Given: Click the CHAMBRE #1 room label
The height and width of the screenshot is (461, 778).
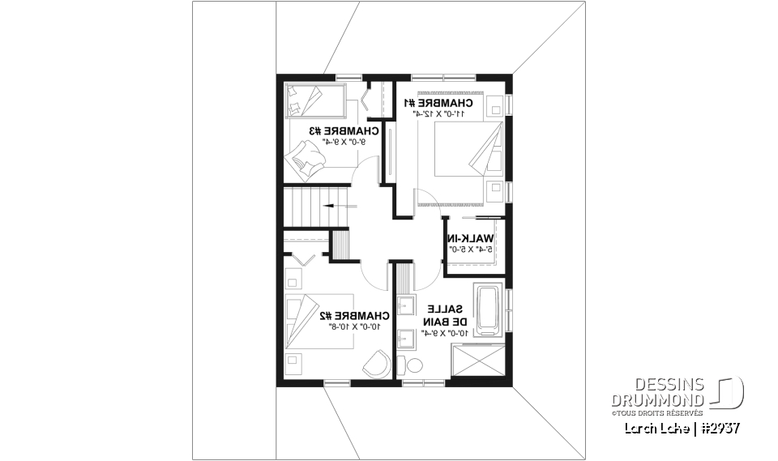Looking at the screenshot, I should [438, 103].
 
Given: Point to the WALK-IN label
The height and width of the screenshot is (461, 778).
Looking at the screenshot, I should [470, 238].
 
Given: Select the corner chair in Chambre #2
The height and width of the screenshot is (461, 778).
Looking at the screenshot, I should [377, 365].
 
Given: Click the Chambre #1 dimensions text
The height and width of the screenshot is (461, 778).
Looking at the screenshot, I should [438, 114].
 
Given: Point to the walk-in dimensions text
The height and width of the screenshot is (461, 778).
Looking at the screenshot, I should [469, 250].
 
